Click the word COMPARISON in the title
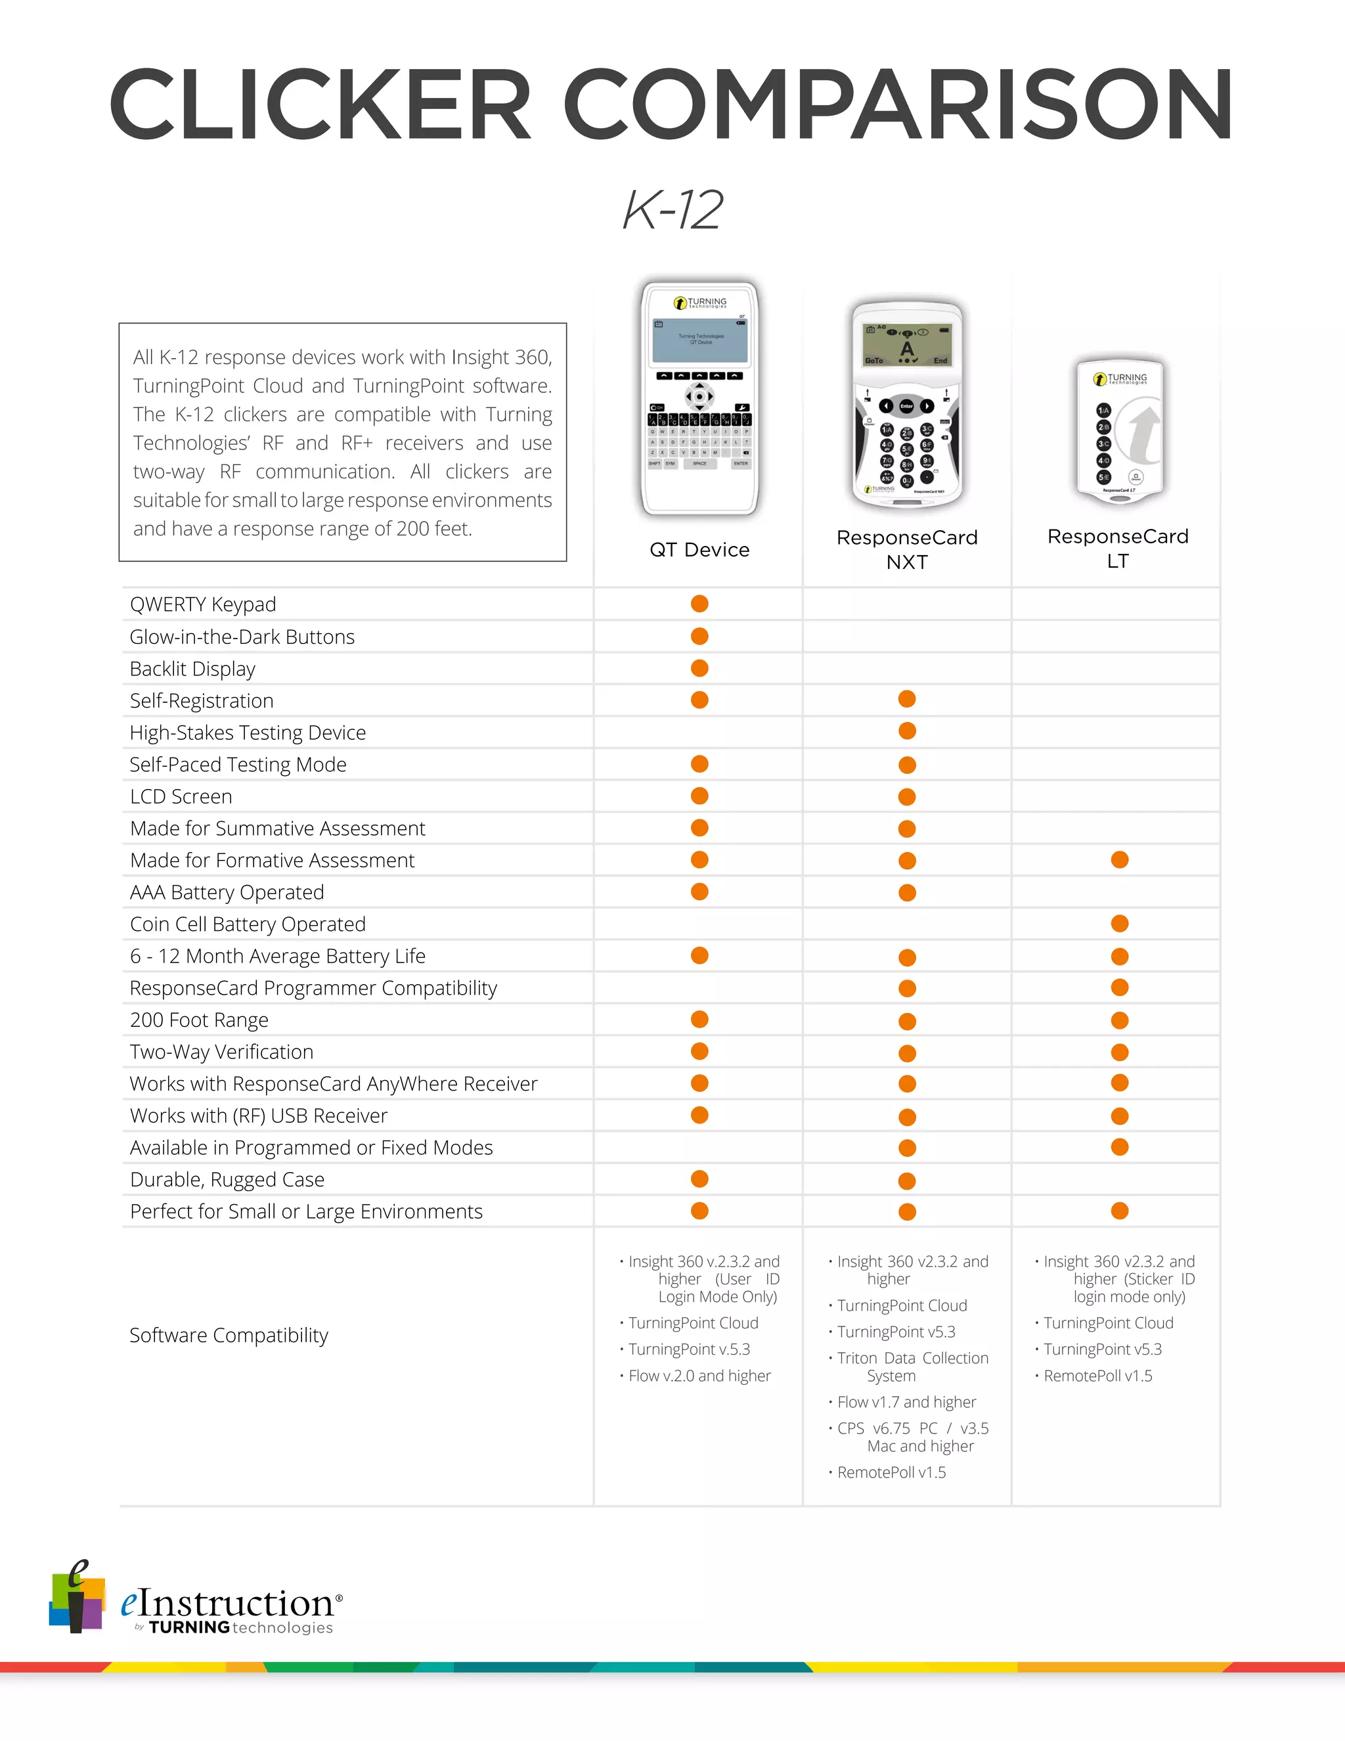pyautogui.click(x=899, y=105)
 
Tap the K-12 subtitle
pyautogui.click(x=672, y=210)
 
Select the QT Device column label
pyautogui.click(x=699, y=550)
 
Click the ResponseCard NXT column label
pyautogui.click(x=907, y=549)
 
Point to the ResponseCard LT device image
pyautogui.click(x=1120, y=430)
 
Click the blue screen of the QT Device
pyautogui.click(x=700, y=340)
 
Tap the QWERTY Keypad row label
pyautogui.click(x=203, y=604)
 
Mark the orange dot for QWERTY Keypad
pyautogui.click(x=699, y=604)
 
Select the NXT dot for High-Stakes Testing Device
pyautogui.click(x=907, y=731)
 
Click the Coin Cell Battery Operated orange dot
pyautogui.click(x=1120, y=923)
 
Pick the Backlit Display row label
pyautogui.click(x=193, y=669)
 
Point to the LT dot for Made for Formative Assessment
pyautogui.click(x=1120, y=859)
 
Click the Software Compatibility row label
pyautogui.click(x=229, y=1335)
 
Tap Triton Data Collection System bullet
pyautogui.click(x=912, y=1367)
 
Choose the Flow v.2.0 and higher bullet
pyautogui.click(x=699, y=1376)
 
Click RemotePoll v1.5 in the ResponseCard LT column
pyautogui.click(x=1097, y=1376)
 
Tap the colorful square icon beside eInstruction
pyautogui.click(x=76, y=1599)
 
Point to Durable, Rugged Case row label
pyautogui.click(x=227, y=1180)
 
